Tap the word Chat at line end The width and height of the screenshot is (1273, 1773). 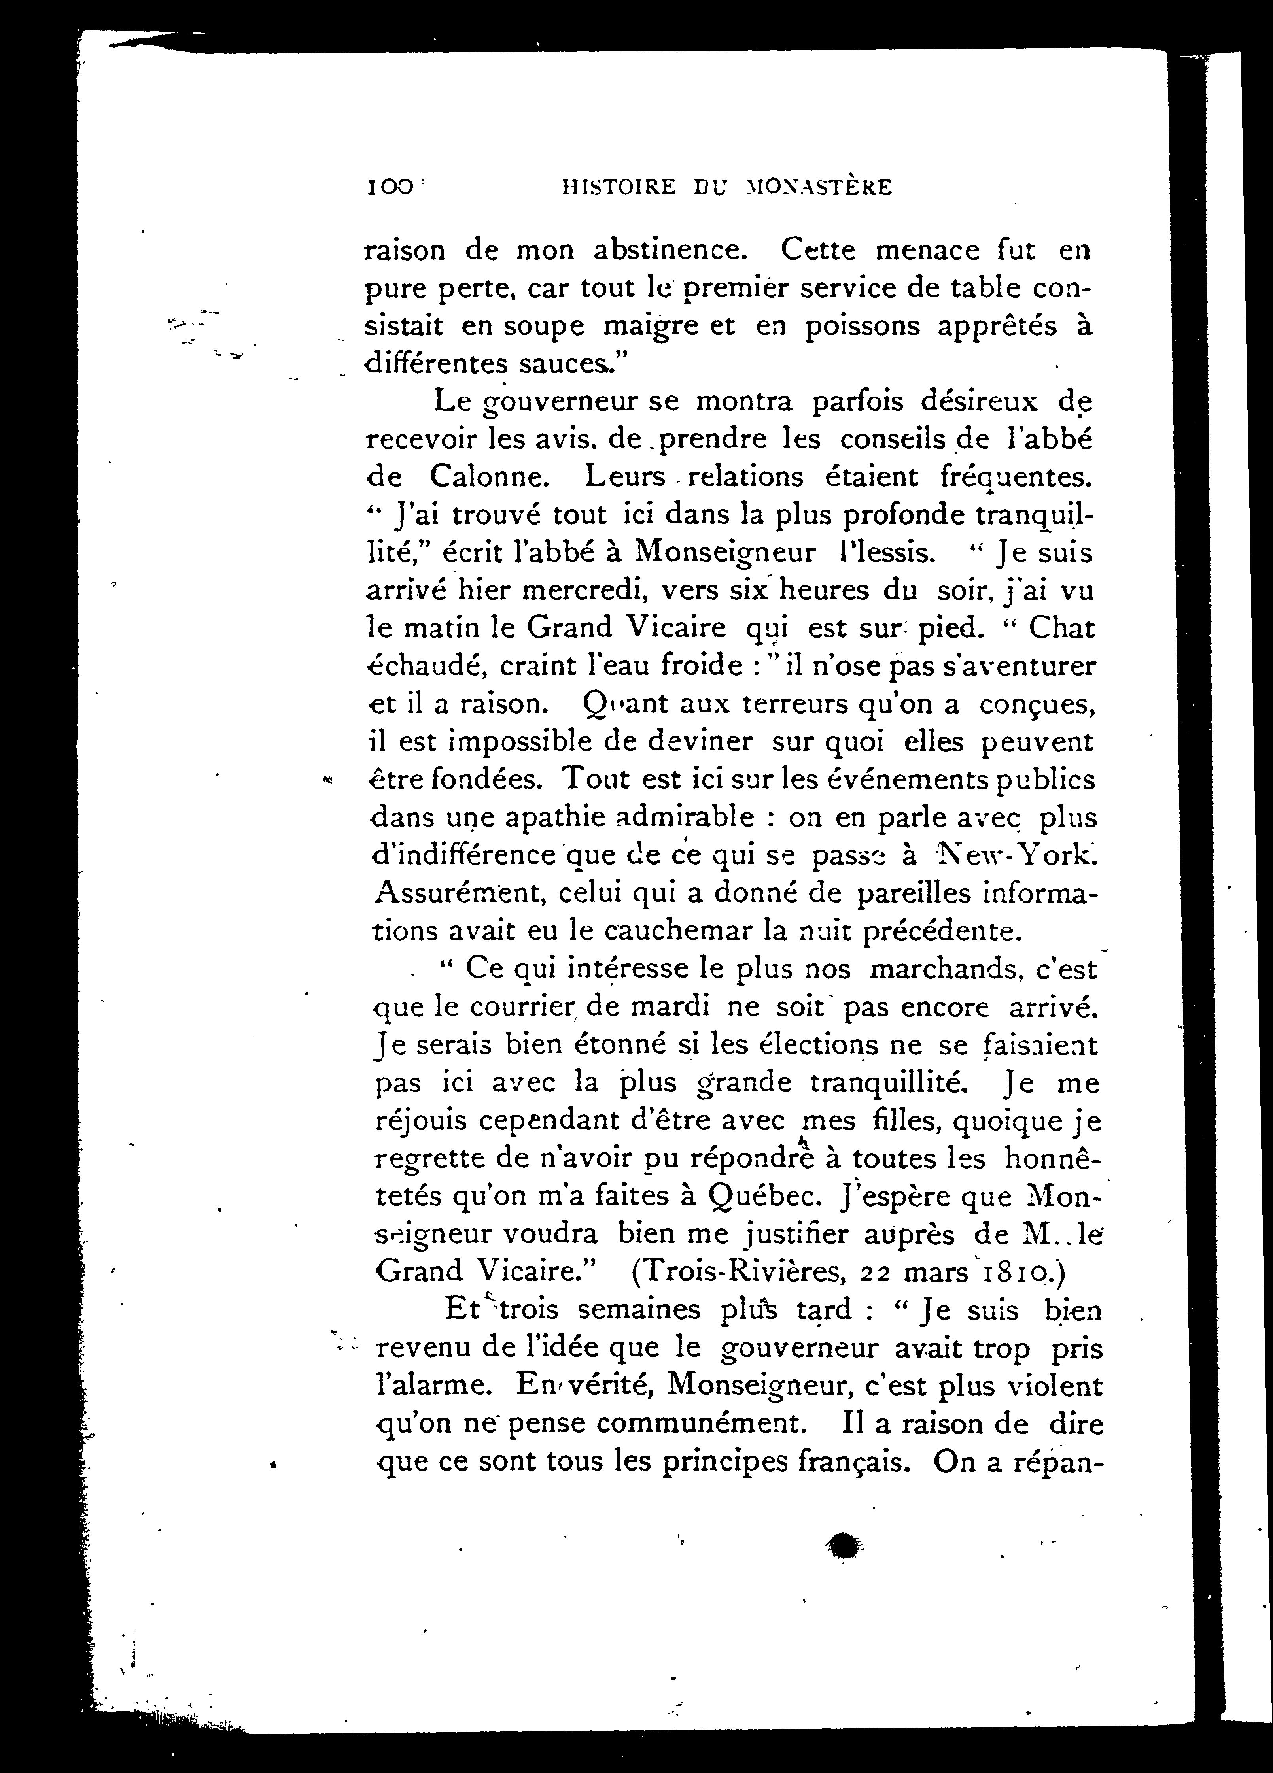[x=1061, y=629]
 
